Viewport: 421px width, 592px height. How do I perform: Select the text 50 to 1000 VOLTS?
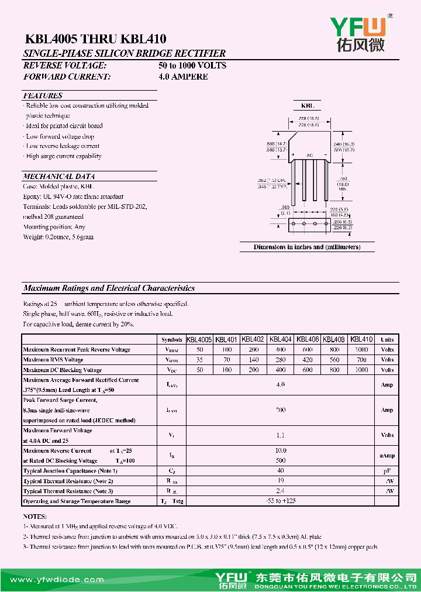[x=192, y=66]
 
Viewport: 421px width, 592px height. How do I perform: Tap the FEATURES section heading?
[x=43, y=95]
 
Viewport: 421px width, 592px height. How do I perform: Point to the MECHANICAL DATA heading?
[x=58, y=176]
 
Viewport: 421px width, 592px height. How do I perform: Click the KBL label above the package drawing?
[x=307, y=106]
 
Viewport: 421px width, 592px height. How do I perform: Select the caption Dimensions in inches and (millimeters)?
[x=306, y=247]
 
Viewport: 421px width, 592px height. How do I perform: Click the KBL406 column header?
[x=308, y=339]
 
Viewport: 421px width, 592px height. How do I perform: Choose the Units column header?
[x=387, y=339]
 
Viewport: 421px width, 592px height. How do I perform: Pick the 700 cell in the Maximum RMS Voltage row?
[x=363, y=360]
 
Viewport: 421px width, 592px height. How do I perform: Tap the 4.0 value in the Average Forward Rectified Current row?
[x=281, y=385]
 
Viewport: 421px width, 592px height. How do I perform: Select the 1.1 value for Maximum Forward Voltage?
[x=281, y=435]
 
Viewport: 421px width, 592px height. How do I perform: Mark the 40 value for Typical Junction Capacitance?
[x=281, y=470]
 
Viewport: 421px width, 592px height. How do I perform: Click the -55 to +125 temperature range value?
[x=281, y=501]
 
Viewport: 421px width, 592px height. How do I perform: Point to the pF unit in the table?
[x=387, y=471]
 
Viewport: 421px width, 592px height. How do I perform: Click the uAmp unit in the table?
[x=387, y=455]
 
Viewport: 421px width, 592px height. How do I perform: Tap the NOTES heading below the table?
[x=34, y=517]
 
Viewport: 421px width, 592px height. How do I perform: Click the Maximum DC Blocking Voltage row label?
[x=63, y=370]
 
